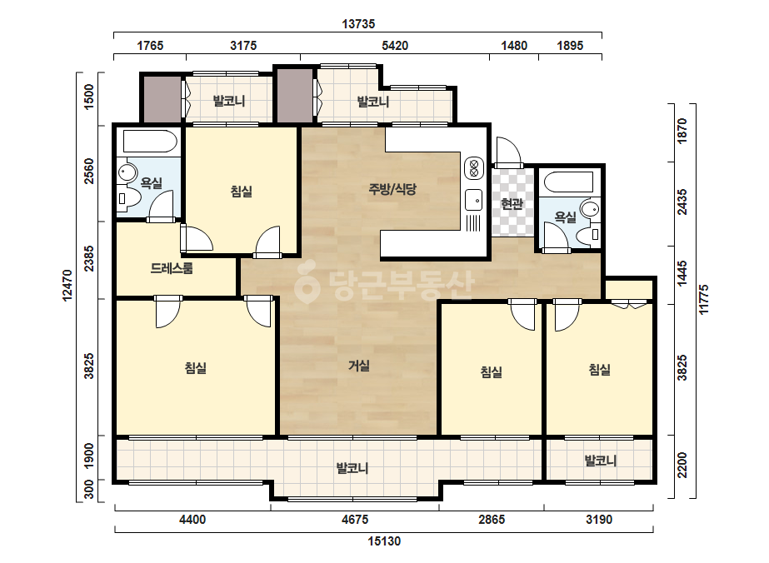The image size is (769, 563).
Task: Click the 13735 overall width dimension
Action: point(358,23)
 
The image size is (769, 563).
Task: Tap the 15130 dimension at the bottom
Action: point(384,541)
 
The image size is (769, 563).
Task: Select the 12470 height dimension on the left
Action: point(67,285)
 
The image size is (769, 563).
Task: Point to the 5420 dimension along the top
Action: point(395,46)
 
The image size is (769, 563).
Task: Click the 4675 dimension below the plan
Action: point(355,520)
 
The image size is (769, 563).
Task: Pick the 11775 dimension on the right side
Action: point(704,299)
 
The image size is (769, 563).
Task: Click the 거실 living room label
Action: point(359,366)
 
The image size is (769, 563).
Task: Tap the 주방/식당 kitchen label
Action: point(392,189)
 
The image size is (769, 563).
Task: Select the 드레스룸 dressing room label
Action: point(171,268)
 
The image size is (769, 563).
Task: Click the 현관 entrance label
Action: point(512,203)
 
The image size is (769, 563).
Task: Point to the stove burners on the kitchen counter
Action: point(474,167)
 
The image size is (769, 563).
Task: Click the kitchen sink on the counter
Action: point(474,200)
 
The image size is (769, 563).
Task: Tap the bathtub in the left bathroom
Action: point(150,142)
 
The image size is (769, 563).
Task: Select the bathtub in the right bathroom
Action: point(569,182)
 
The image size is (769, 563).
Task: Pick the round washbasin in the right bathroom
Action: point(590,209)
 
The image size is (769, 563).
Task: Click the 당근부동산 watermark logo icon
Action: point(307,285)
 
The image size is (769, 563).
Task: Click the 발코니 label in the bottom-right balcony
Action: point(601,461)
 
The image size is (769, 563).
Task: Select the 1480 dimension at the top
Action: point(514,46)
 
